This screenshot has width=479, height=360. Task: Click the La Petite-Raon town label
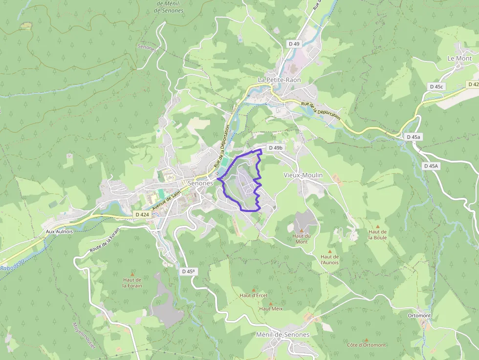279,80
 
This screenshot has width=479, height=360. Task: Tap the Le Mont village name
459,58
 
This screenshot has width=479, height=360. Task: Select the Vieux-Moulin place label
303,175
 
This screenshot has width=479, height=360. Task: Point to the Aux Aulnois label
59,231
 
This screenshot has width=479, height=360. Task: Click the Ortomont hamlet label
419,316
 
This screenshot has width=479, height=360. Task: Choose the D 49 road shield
294,43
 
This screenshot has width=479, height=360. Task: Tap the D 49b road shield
276,148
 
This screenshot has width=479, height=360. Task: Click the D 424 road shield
142,214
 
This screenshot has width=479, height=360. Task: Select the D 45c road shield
436,86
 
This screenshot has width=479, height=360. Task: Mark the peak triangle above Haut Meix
270,303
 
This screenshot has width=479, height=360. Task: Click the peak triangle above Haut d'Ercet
253,289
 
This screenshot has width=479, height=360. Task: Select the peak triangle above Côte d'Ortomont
366,339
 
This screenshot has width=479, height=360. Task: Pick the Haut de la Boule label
377,234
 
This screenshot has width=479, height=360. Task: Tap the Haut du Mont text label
302,239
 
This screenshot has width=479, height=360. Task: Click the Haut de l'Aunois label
329,259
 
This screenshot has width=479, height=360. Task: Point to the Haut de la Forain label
132,282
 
